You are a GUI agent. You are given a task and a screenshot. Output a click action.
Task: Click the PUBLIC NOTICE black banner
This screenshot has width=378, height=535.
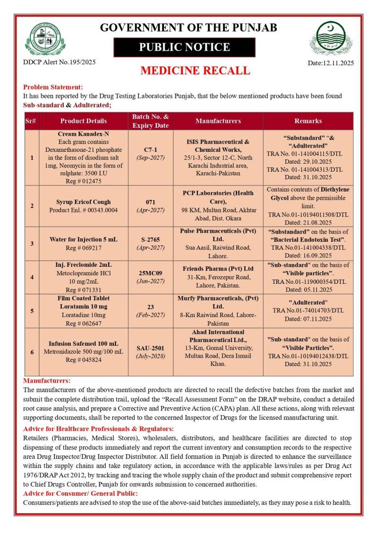tap(184, 47)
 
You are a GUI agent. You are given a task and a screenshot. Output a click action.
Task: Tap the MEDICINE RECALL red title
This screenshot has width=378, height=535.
tap(195, 71)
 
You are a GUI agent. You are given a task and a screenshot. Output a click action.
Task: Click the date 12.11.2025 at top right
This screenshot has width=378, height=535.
tap(330, 63)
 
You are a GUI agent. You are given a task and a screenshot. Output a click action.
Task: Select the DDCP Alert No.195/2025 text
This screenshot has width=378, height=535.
tap(59, 62)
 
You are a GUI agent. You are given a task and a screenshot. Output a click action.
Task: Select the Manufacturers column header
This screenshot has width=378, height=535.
tap(218, 121)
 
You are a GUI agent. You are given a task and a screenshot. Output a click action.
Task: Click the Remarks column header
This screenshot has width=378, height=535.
tap(308, 121)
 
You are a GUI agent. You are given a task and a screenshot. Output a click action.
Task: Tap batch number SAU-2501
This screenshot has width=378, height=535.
tap(151, 348)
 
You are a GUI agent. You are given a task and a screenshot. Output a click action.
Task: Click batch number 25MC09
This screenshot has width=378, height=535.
tap(151, 272)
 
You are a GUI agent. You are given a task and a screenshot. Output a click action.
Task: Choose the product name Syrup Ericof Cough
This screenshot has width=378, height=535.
tap(83, 202)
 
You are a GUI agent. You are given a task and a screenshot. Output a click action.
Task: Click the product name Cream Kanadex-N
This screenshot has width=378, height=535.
tap(84, 134)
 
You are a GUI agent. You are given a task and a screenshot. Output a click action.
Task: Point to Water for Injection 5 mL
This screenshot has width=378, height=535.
tap(84, 239)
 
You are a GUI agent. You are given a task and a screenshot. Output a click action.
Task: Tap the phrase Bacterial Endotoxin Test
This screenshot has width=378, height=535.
tap(308, 239)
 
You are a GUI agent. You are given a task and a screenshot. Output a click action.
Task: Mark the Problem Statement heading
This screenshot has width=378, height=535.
tap(53, 87)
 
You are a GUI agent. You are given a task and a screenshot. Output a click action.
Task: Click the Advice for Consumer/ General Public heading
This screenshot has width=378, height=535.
tap(80, 493)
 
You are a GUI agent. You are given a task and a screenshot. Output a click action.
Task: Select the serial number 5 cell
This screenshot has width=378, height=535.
tap(32, 311)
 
